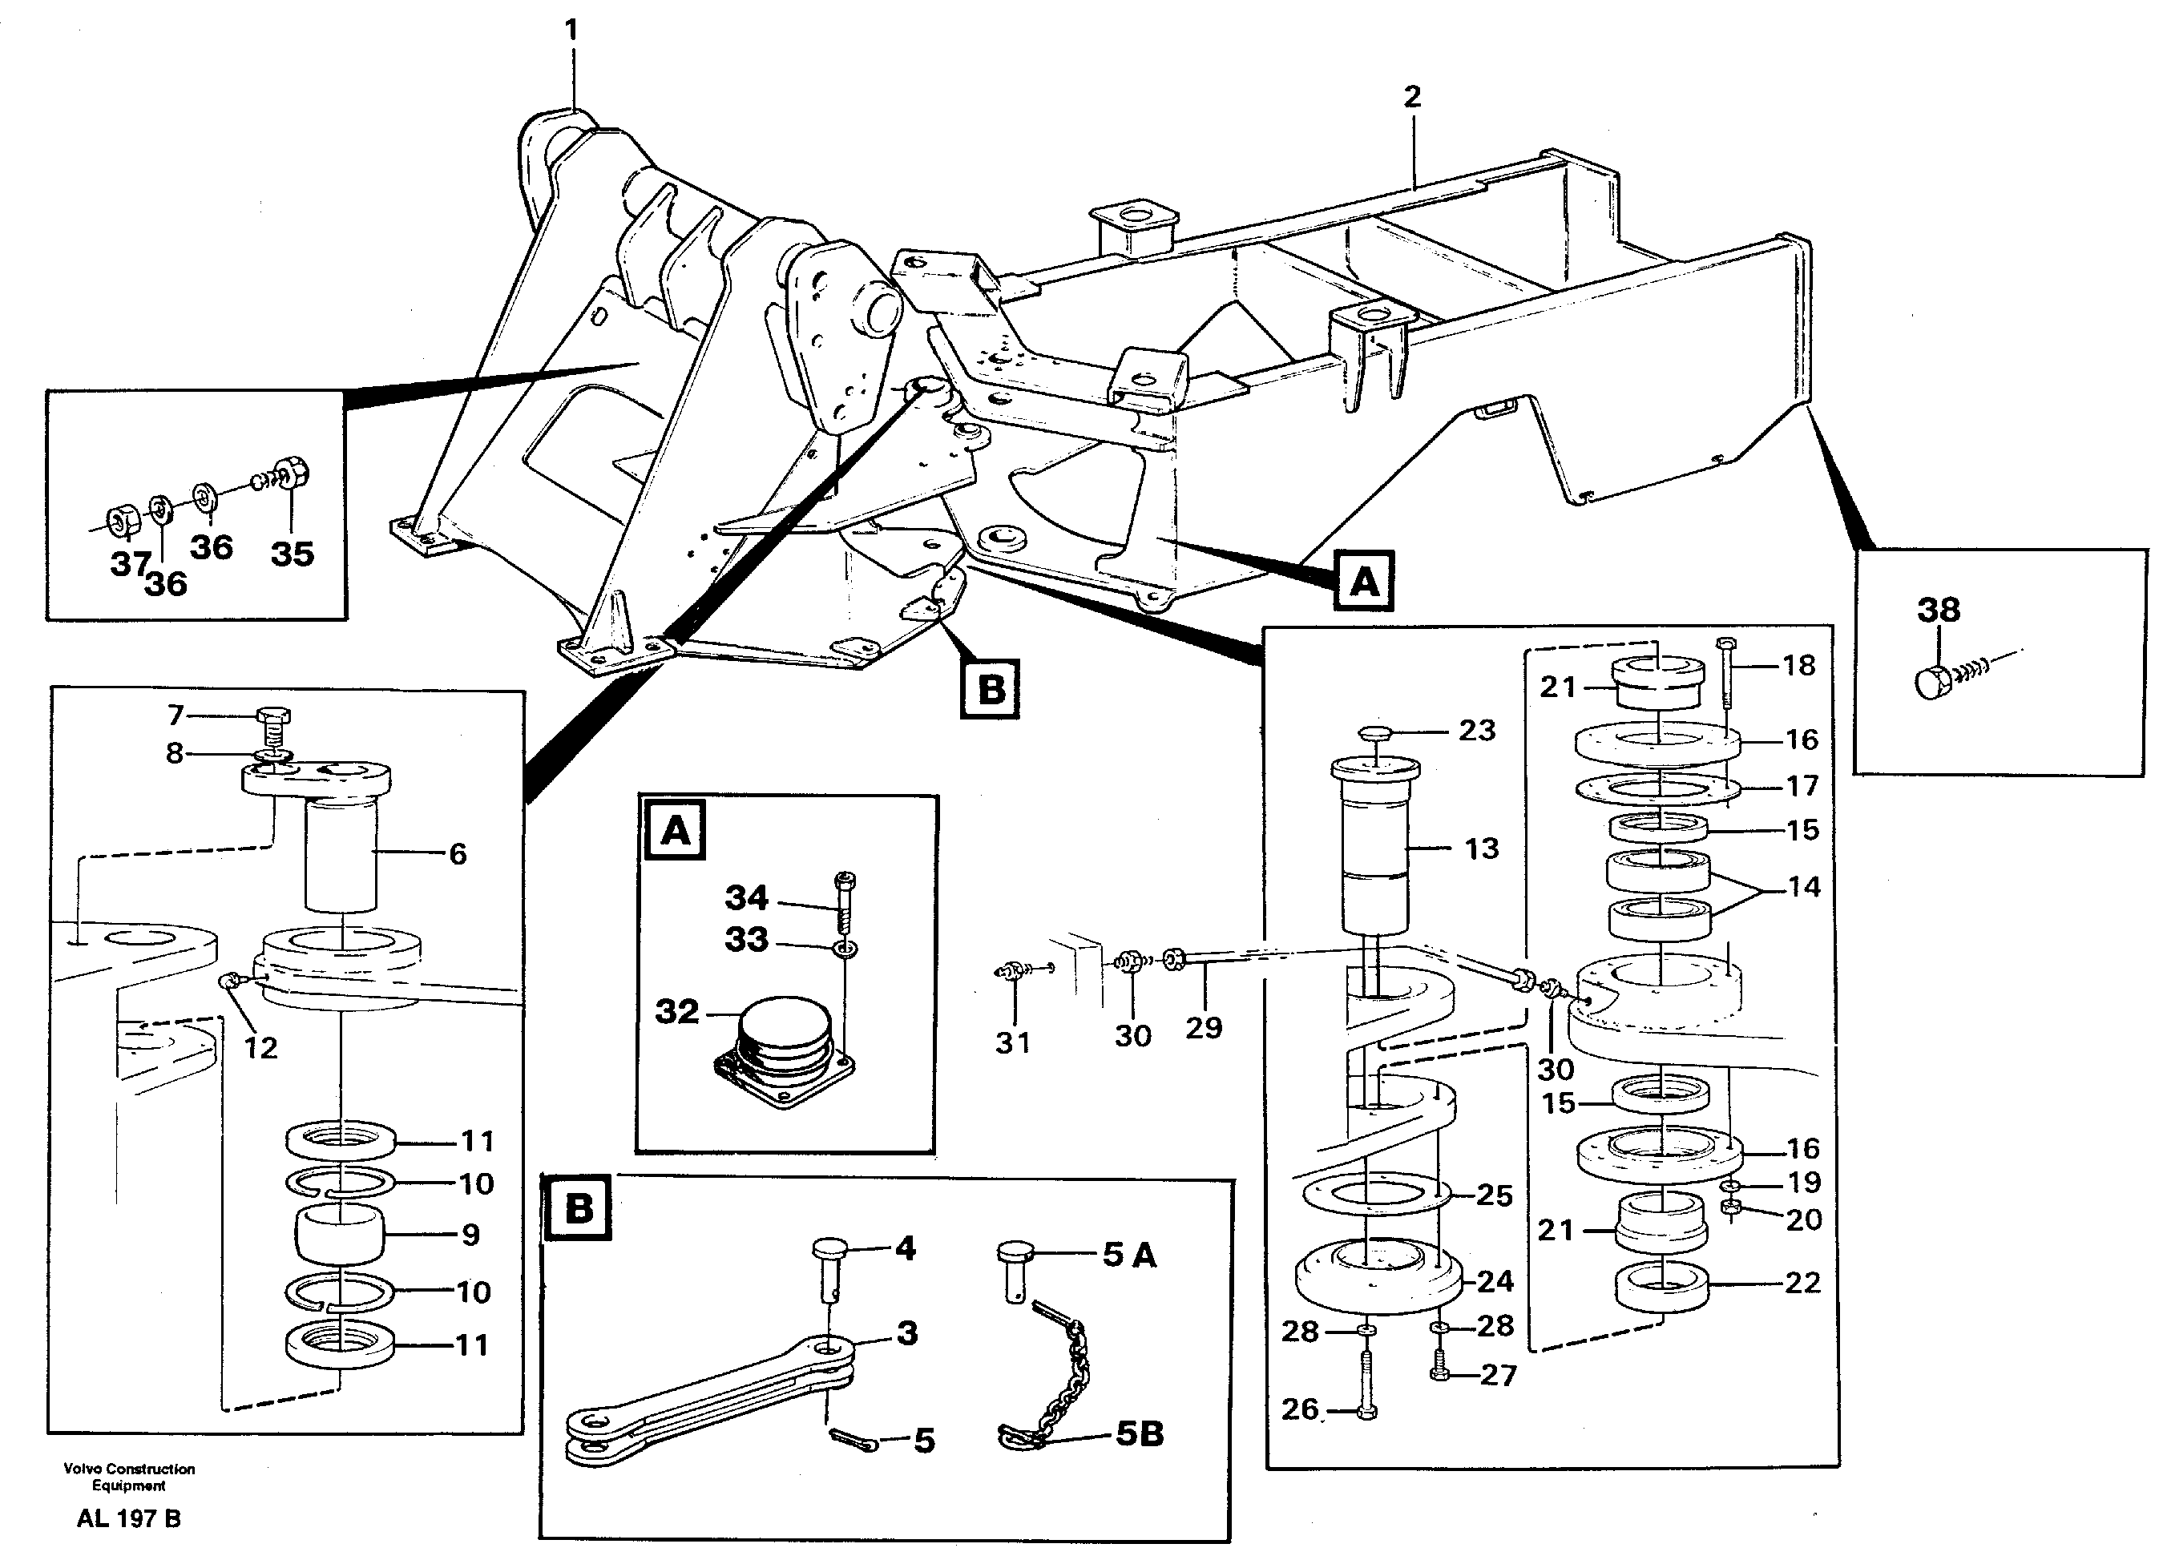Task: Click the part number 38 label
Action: point(1938,610)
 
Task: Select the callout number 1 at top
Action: point(571,30)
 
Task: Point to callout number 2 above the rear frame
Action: point(1412,96)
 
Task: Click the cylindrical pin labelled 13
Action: point(1375,848)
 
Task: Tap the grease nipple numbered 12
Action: point(230,982)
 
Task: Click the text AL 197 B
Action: point(129,1518)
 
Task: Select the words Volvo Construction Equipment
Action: point(129,1477)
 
